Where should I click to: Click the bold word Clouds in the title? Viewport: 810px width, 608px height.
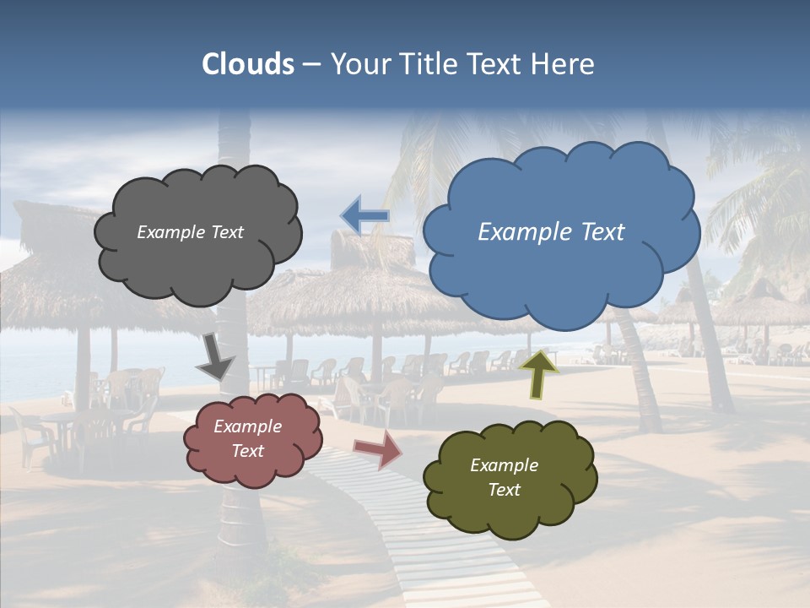click(x=247, y=64)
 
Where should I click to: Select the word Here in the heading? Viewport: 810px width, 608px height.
click(x=566, y=64)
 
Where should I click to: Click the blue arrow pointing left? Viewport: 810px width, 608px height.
click(x=364, y=216)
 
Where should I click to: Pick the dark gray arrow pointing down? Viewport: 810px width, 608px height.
click(x=214, y=357)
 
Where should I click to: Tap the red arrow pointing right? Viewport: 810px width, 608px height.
click(x=378, y=449)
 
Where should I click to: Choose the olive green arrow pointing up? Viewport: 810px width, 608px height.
click(x=538, y=373)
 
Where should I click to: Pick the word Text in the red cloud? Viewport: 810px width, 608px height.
click(x=247, y=451)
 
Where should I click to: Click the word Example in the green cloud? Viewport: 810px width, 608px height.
click(x=504, y=465)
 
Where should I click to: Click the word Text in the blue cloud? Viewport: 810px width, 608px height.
click(x=602, y=232)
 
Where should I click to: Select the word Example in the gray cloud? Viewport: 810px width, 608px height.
click(x=170, y=232)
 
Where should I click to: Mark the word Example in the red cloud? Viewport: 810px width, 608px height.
click(x=247, y=426)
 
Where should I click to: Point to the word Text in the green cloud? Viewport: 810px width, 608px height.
click(x=504, y=490)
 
